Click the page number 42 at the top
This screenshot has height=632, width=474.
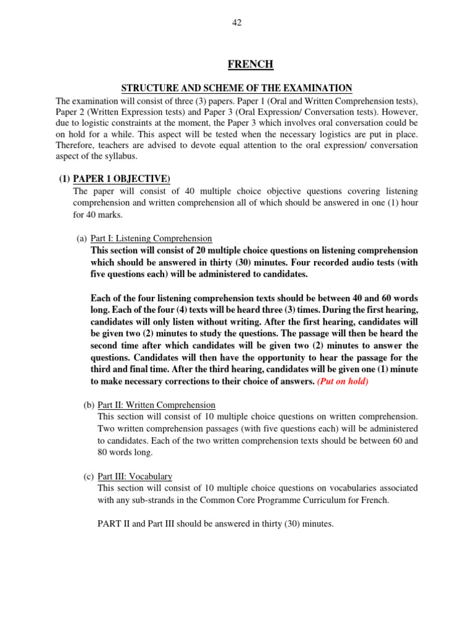pos(237,23)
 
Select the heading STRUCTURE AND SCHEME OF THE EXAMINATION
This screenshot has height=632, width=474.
pos(237,88)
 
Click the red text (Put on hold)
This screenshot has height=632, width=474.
pos(343,381)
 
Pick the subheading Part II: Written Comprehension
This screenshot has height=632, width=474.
pos(157,405)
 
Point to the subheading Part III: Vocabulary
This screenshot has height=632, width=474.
pos(135,476)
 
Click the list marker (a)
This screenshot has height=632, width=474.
pos(81,238)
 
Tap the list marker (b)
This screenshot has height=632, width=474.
pos(89,405)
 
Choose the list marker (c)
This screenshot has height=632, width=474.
pos(89,476)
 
